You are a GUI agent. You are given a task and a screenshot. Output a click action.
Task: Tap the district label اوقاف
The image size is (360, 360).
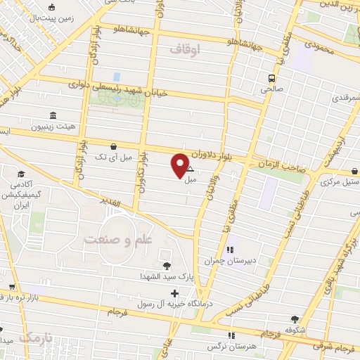coord(185,49)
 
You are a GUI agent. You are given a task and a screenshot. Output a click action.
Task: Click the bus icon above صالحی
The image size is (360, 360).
coord(271,78)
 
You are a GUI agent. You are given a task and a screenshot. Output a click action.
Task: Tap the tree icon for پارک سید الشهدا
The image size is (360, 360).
coord(167,265)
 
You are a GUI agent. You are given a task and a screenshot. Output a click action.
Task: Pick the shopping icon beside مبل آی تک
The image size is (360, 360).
coord(113,146)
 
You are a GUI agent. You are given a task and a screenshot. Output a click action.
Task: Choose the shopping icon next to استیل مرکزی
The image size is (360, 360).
coord(354,170)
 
